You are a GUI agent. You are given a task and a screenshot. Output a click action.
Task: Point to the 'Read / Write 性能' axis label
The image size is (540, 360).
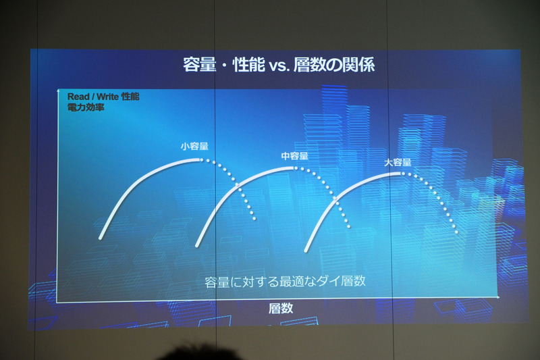pyautogui.click(x=103, y=97)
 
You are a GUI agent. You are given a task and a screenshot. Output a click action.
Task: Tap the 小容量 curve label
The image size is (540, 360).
pyautogui.click(x=194, y=145)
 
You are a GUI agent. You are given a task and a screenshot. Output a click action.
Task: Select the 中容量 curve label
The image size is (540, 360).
pyautogui.click(x=295, y=156)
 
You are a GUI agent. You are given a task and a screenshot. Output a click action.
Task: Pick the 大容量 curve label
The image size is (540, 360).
pyautogui.click(x=398, y=162)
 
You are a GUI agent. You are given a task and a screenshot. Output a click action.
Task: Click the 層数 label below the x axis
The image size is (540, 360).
pyautogui.click(x=281, y=309)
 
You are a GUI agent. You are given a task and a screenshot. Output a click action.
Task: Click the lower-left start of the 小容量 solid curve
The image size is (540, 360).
pyautogui.click(x=100, y=238)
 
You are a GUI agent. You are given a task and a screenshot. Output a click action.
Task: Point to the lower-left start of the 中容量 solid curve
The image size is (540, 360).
pyautogui.click(x=196, y=244)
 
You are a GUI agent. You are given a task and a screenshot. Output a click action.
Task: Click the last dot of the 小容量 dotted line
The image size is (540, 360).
pyautogui.click(x=255, y=219)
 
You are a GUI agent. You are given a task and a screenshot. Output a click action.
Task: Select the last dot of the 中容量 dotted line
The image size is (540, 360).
pyautogui.click(x=349, y=226)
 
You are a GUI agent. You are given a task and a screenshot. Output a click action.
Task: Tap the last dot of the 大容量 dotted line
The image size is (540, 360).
pyautogui.click(x=458, y=232)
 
